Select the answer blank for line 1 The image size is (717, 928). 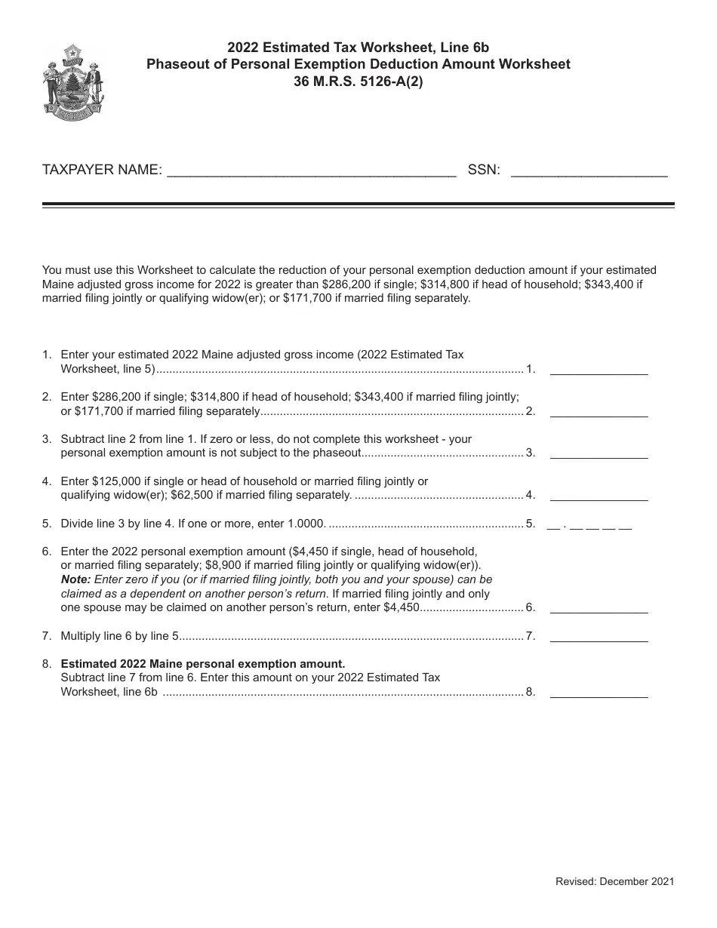pos(599,370)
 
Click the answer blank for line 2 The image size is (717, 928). pos(599,413)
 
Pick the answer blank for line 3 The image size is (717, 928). pos(599,454)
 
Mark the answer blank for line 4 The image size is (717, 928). pos(599,496)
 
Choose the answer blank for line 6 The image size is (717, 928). pos(599,609)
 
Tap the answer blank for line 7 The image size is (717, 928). pos(599,638)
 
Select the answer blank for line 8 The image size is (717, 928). pos(599,693)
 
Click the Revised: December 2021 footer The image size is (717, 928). pos(614,880)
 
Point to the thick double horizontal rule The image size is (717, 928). pos(358,204)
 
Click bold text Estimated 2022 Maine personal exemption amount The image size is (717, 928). pos(202,664)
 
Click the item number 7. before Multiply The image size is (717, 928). pos(47,636)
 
